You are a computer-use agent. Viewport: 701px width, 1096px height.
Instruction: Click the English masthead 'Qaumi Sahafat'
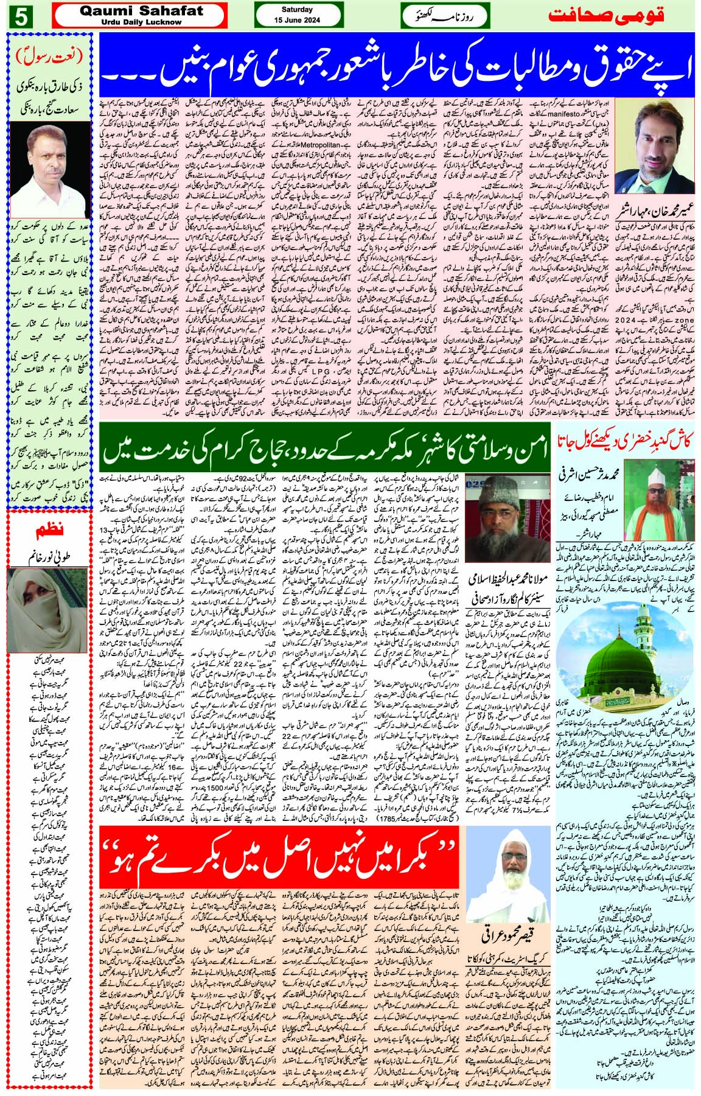tap(139, 10)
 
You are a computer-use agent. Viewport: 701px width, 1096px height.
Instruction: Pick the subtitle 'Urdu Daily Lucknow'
tap(139, 23)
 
